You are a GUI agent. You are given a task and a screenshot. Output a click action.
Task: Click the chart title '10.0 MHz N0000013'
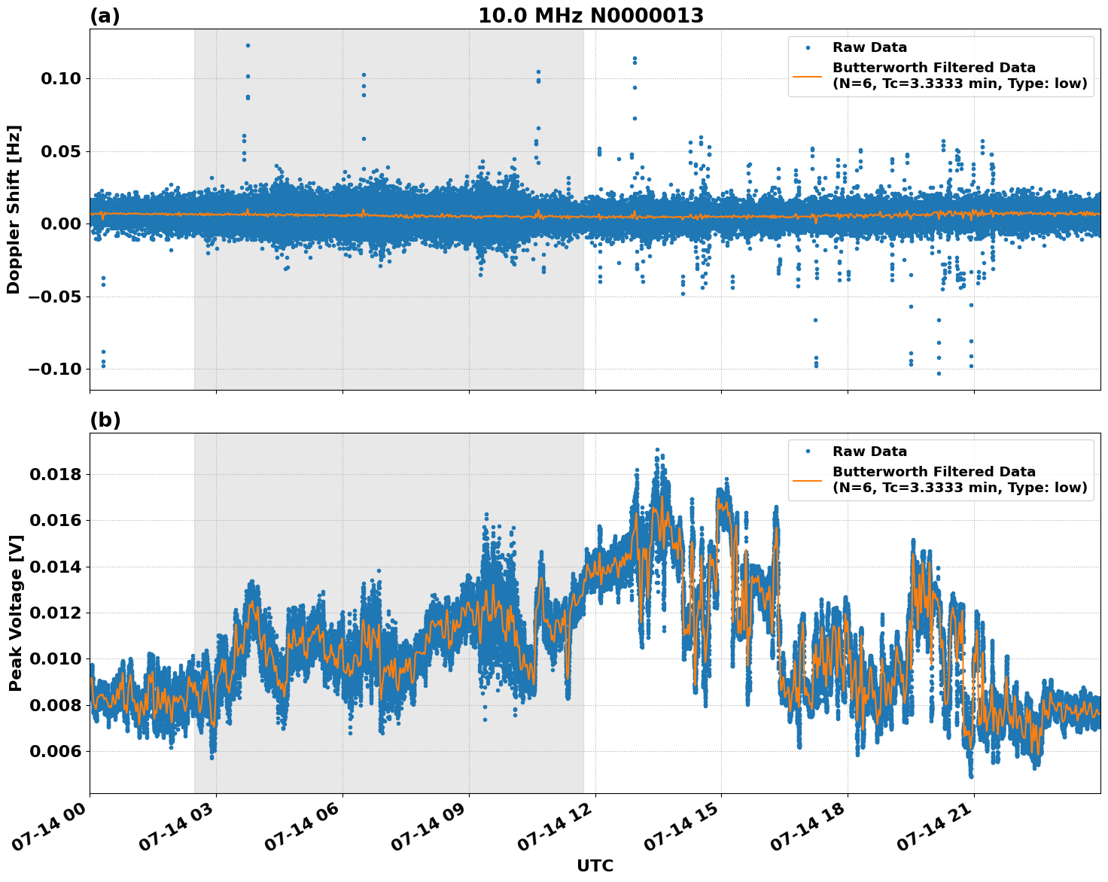click(591, 16)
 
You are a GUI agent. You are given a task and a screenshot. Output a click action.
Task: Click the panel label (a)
click(105, 16)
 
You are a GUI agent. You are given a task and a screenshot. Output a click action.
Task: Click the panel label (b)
click(105, 420)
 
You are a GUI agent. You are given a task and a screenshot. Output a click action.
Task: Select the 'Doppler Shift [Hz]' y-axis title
click(14, 209)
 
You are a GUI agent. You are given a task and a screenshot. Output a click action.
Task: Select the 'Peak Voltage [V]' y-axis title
click(15, 613)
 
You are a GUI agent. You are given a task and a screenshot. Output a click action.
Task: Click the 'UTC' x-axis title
click(595, 866)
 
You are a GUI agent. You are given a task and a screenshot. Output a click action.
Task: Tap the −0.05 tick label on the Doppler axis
click(55, 297)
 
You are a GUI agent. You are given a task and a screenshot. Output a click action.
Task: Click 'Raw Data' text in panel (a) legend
click(869, 48)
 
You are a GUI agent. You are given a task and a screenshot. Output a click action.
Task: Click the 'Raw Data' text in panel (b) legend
click(869, 452)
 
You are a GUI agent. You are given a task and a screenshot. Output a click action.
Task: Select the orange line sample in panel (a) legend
click(808, 76)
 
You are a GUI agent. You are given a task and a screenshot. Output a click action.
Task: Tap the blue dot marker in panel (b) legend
click(808, 452)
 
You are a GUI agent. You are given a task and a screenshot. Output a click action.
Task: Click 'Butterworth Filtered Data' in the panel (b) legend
click(933, 472)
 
